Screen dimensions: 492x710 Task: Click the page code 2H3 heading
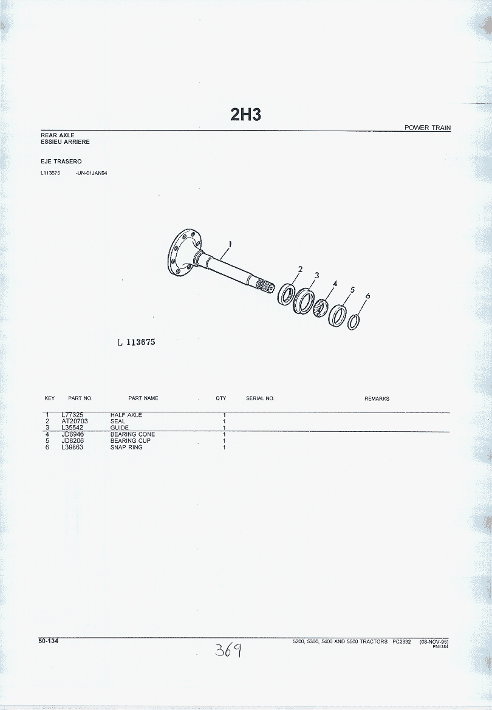coord(245,115)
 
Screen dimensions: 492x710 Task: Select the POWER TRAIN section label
coord(427,128)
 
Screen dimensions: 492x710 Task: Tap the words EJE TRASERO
coord(61,161)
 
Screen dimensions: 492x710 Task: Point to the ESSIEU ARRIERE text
coord(65,142)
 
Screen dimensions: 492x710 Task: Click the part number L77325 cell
coord(72,415)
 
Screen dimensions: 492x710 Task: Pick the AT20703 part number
coord(75,421)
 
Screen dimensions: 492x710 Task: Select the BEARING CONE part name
coord(133,434)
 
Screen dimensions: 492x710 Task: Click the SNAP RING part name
coord(126,448)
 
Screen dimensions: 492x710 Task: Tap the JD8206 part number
coord(73,440)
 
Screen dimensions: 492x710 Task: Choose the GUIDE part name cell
coord(120,428)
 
